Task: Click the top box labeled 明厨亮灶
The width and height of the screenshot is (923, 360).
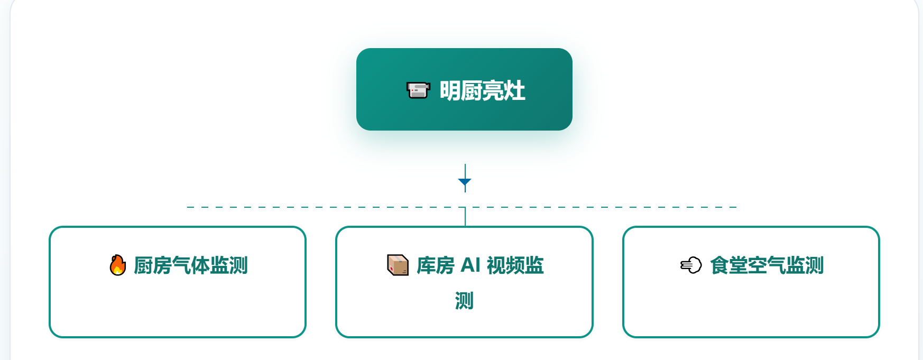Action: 464,89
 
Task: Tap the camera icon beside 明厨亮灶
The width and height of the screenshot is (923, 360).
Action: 418,90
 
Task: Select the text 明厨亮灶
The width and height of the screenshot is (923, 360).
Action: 482,90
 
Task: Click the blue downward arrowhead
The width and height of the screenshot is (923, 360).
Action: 465,182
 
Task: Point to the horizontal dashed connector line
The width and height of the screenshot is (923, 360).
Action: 462,207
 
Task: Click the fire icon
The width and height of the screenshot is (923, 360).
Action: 118,265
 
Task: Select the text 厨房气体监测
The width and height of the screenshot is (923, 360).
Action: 191,265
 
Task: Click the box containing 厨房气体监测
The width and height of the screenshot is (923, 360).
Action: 178,282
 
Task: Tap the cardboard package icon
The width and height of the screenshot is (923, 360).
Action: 398,265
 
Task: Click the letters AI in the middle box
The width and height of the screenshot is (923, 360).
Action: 470,265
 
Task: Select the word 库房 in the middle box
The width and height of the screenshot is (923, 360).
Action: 436,265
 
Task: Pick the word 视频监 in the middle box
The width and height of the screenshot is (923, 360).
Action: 515,265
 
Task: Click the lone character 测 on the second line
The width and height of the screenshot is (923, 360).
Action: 464,301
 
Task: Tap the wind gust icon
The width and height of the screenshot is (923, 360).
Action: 691,265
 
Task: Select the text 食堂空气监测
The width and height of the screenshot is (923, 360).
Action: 767,265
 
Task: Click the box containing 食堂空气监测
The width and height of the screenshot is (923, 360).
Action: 751,282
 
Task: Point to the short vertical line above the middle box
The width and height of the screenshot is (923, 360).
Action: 465,217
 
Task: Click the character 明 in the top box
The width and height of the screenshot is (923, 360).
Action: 450,90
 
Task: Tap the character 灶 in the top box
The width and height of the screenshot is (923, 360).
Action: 515,90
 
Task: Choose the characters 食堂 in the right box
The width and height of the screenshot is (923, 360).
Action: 728,265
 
